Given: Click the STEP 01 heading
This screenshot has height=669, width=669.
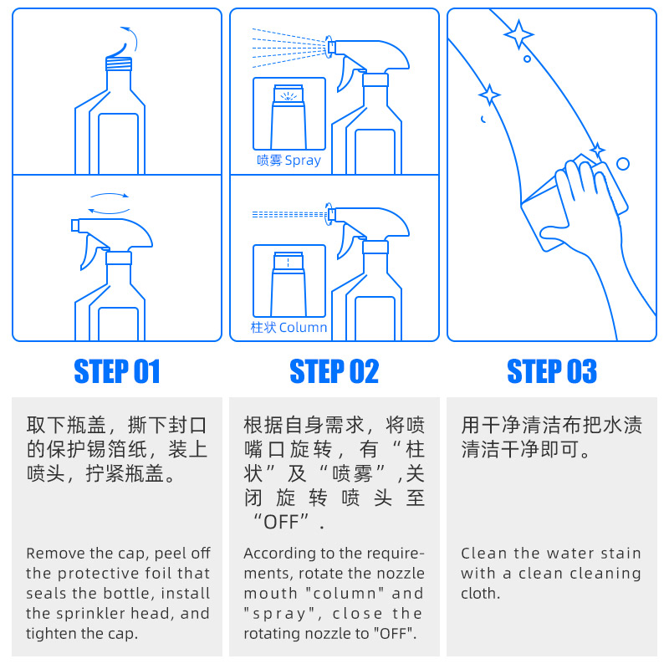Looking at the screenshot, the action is (x=117, y=371).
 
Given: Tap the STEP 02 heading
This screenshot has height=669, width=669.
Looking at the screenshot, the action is (x=334, y=371).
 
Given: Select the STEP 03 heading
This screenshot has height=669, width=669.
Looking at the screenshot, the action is (x=552, y=371).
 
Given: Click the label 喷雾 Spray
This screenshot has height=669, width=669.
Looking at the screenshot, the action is (x=289, y=161).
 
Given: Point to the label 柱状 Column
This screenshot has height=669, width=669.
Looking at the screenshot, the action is (x=289, y=327).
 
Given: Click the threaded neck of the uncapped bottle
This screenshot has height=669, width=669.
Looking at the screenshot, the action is (x=119, y=64).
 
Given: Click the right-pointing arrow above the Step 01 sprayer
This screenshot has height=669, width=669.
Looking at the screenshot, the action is (x=110, y=195).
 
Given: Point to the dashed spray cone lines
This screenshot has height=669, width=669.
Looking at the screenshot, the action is (x=289, y=48).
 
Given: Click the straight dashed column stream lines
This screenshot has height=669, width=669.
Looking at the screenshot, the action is (x=289, y=214).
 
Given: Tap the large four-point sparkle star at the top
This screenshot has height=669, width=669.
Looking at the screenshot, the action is (x=518, y=34).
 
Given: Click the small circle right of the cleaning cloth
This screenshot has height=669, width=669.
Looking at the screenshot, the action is (x=623, y=164).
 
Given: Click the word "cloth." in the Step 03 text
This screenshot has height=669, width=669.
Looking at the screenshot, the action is (x=480, y=593).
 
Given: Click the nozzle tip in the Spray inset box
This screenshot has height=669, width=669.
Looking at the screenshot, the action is (x=289, y=94).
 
